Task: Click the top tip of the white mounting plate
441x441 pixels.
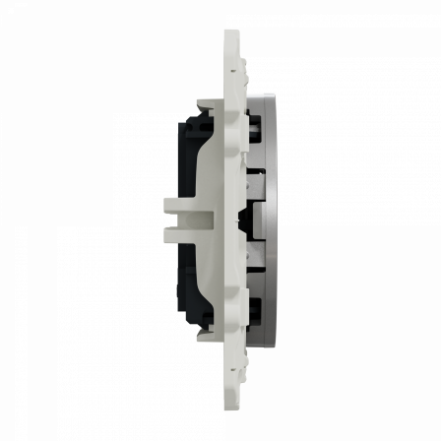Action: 231,32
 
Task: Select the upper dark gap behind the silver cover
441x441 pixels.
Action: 255,123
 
